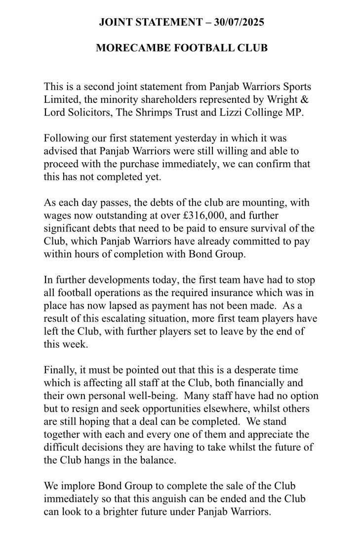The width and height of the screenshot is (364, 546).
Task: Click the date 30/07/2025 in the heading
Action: (x=236, y=22)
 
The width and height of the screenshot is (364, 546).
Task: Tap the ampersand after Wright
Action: (x=306, y=99)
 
